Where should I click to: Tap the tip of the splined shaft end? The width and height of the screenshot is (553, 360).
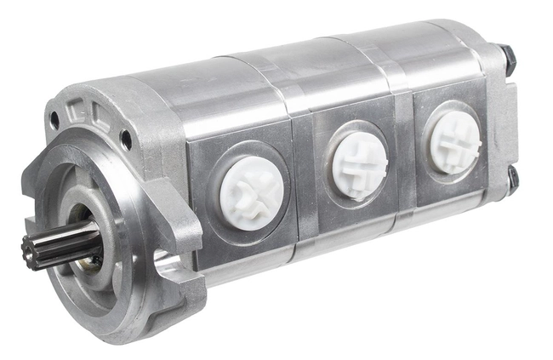click(30, 254)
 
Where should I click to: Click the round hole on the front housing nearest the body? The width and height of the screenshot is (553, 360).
click(126, 138)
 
